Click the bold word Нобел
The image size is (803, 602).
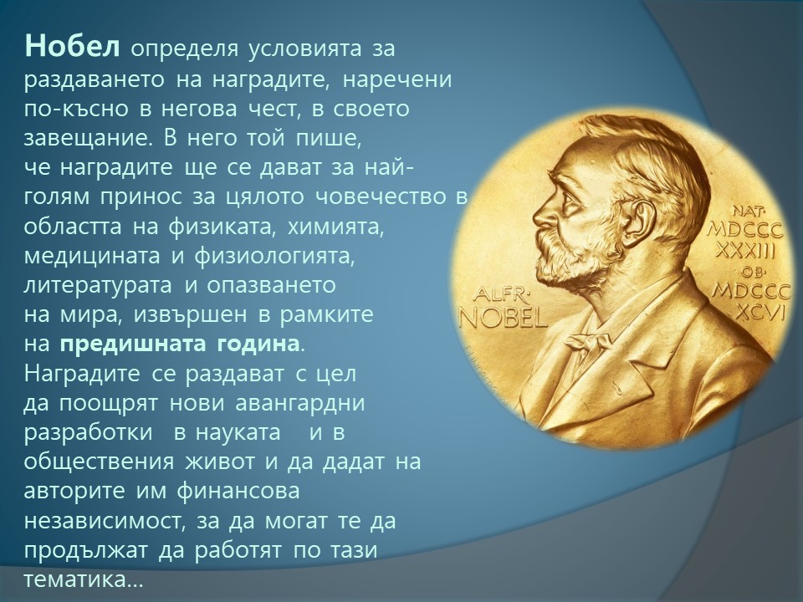pyautogui.click(x=72, y=47)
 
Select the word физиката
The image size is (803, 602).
pyautogui.click(x=222, y=227)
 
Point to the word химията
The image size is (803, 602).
pyautogui.click(x=336, y=227)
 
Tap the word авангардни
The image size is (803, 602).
pyautogui.click(x=300, y=403)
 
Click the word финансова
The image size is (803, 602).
pyautogui.click(x=238, y=492)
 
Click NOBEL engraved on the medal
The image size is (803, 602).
pyautogui.click(x=504, y=318)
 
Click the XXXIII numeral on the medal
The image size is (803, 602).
pyautogui.click(x=745, y=250)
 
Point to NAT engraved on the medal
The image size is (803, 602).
pyautogui.click(x=748, y=211)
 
